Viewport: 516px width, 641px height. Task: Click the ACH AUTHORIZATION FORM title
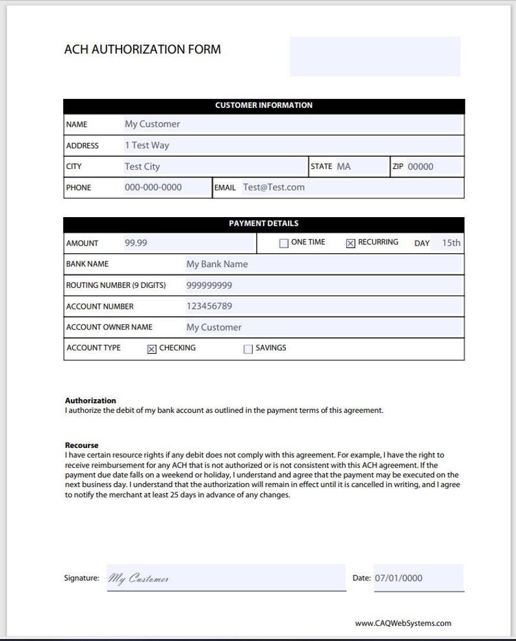pos(142,49)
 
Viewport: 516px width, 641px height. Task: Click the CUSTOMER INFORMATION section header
pos(263,105)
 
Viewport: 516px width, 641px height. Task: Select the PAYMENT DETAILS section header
pos(263,224)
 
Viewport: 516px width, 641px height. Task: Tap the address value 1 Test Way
pos(147,146)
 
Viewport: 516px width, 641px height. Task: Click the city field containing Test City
pos(142,166)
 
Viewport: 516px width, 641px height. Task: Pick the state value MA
pos(343,166)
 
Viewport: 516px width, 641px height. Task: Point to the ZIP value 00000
pos(420,166)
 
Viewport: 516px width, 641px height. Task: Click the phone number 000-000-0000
pos(153,187)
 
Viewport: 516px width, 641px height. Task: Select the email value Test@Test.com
pos(274,187)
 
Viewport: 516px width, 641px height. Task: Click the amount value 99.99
pos(136,243)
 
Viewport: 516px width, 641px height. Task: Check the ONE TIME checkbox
pos(283,244)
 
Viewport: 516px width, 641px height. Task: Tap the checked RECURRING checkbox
pos(350,244)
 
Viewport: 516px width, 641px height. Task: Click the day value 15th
pos(451,243)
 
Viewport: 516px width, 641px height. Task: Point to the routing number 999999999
pos(209,285)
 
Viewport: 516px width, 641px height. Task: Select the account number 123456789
pos(209,306)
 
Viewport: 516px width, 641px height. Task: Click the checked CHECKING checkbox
pos(151,349)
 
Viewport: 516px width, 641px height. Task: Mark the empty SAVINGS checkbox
pos(248,349)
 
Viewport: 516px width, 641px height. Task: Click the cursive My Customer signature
pos(139,579)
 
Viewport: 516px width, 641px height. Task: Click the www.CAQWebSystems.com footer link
pos(403,623)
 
